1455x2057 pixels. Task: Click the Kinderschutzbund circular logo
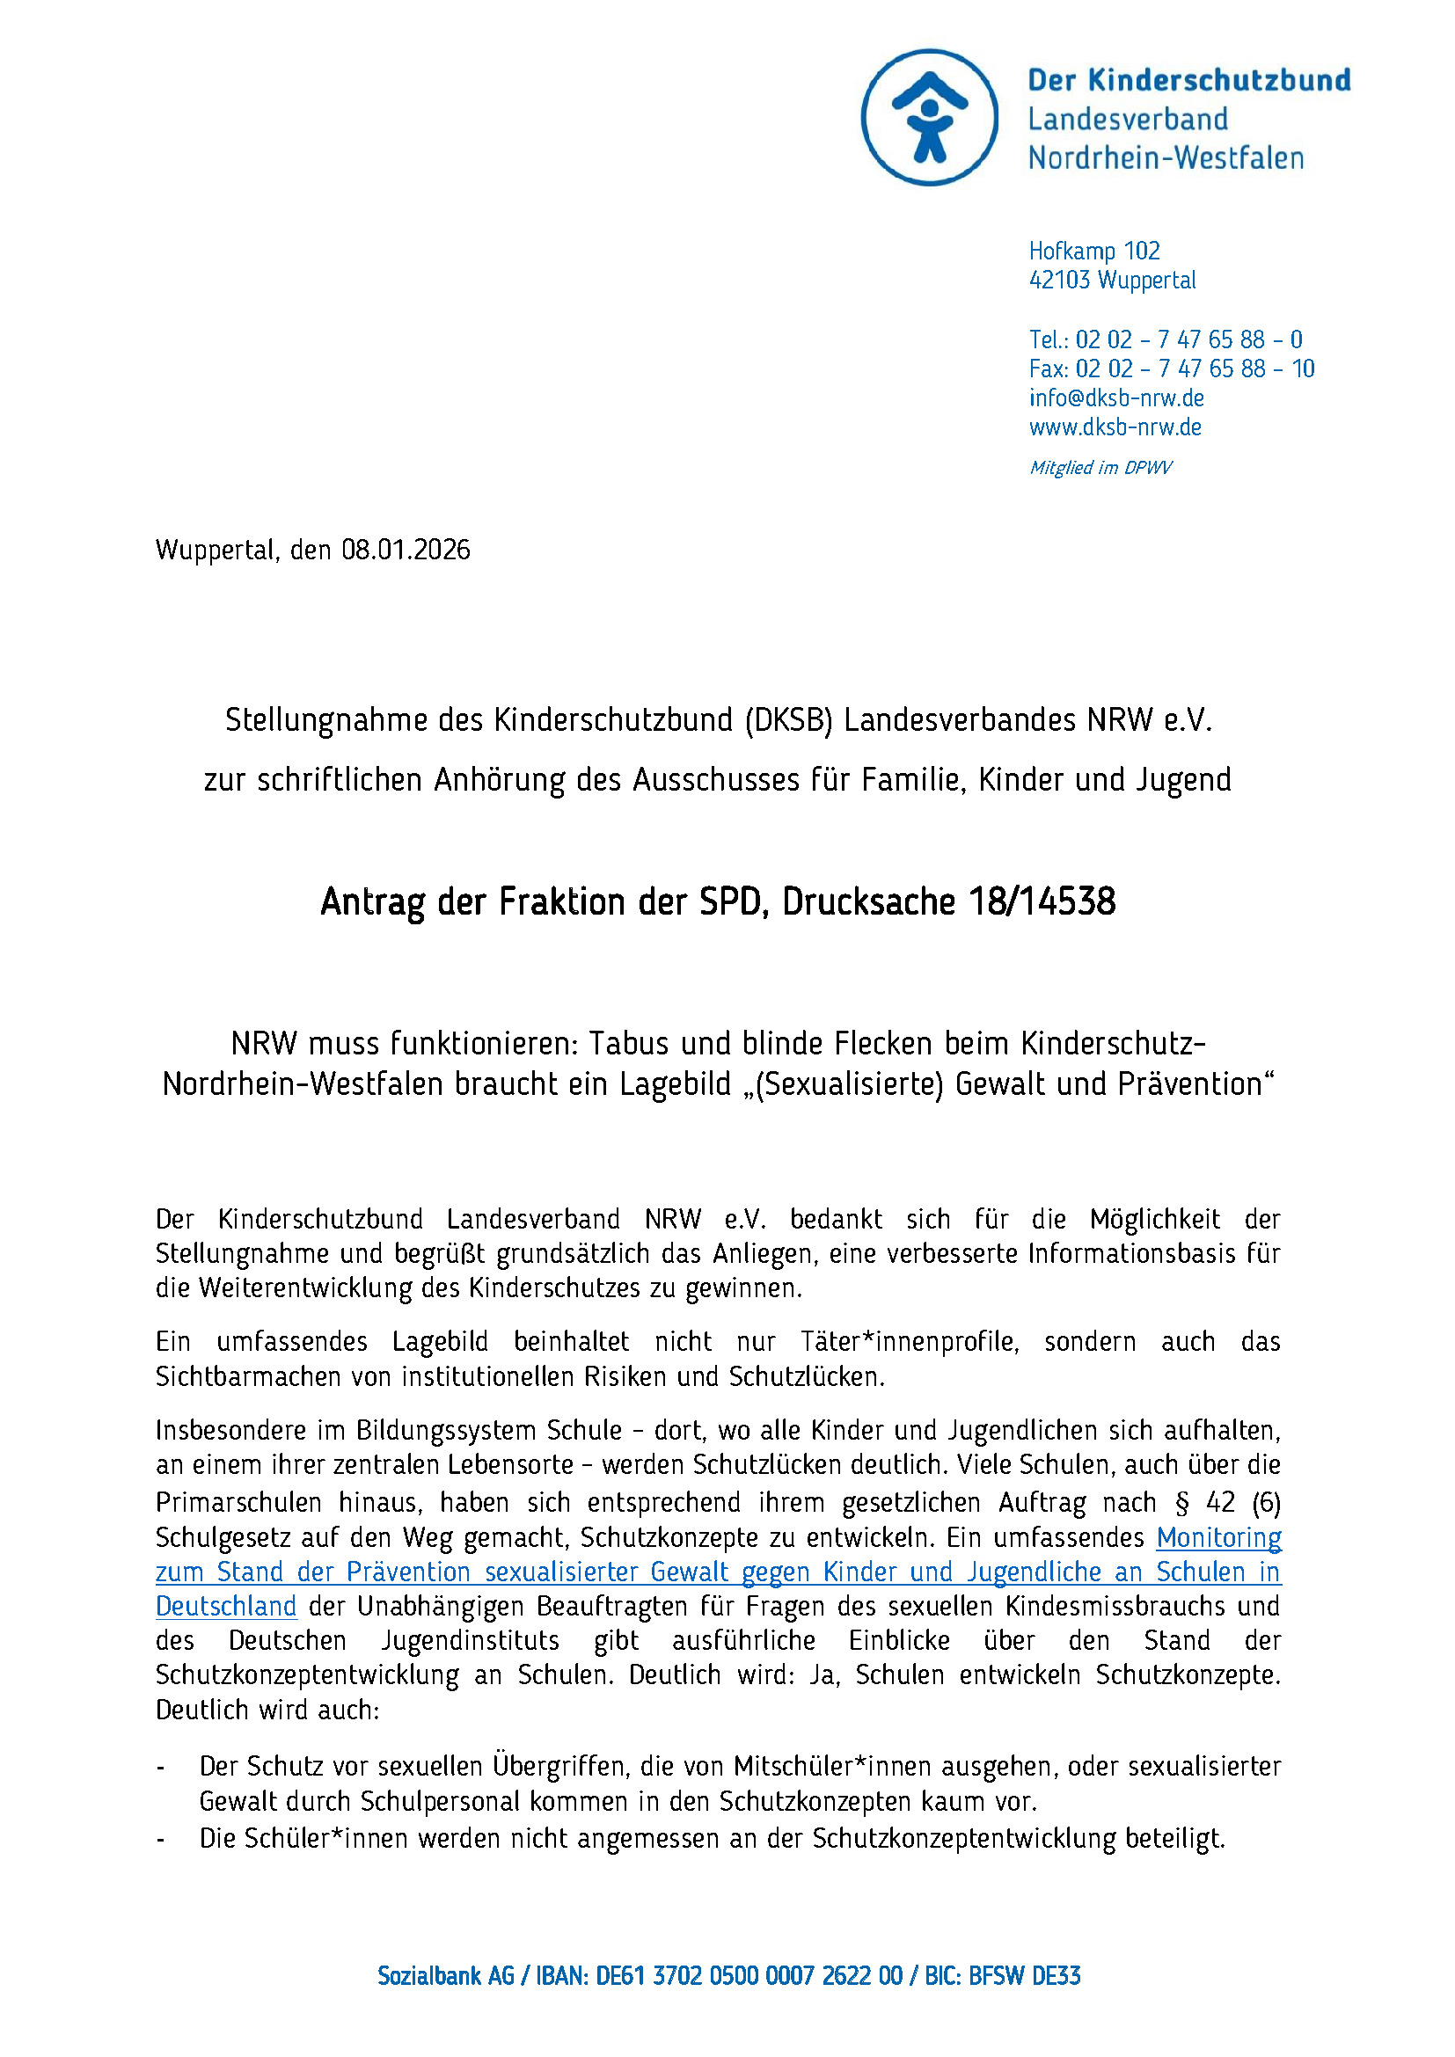(x=929, y=117)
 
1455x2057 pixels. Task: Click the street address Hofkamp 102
(x=1094, y=251)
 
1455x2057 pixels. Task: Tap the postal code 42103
(x=1060, y=281)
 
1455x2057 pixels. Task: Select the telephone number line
(x=1165, y=339)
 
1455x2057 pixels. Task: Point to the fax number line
(x=1171, y=368)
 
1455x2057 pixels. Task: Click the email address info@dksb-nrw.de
(x=1115, y=398)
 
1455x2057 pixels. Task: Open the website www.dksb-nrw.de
(x=1115, y=427)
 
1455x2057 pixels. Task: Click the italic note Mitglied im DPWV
(x=1100, y=468)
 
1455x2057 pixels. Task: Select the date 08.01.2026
(x=405, y=550)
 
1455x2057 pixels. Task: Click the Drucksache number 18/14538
(x=1041, y=902)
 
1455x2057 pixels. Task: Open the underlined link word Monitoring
(x=1218, y=1537)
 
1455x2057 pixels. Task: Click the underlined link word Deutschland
(x=226, y=1607)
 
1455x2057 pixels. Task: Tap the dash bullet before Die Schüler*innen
(x=161, y=1839)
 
